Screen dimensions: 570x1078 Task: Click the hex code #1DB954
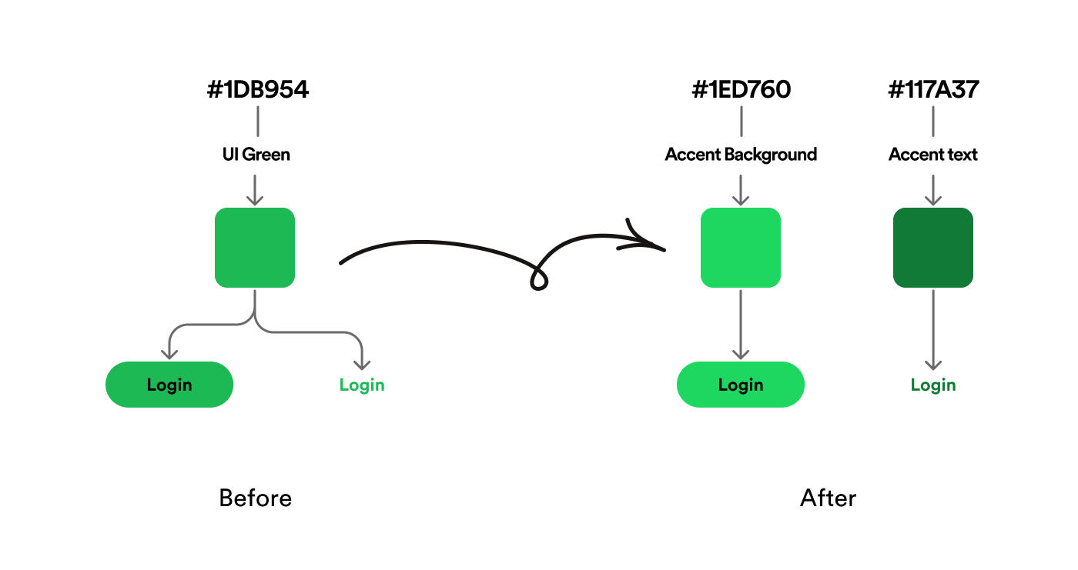pos(258,90)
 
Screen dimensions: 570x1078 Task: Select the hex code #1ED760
pos(741,90)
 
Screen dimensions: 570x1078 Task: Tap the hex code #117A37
pos(933,90)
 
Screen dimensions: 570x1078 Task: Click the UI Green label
pos(256,155)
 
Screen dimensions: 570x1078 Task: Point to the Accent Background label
pos(741,155)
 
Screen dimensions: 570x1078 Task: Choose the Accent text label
pos(933,155)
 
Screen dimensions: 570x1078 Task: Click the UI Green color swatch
pos(255,248)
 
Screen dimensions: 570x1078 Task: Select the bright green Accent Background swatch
pos(741,248)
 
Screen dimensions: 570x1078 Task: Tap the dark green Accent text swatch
pos(933,248)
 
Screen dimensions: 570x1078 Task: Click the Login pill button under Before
pos(169,385)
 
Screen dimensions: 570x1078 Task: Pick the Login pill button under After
pos(741,385)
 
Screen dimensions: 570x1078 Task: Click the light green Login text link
pos(362,385)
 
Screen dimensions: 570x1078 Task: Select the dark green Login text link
pos(933,385)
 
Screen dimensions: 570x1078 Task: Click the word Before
pos(256,498)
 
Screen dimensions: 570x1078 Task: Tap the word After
pos(829,498)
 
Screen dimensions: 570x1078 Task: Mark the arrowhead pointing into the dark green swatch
pos(933,200)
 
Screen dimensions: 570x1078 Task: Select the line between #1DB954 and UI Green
pos(257,122)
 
